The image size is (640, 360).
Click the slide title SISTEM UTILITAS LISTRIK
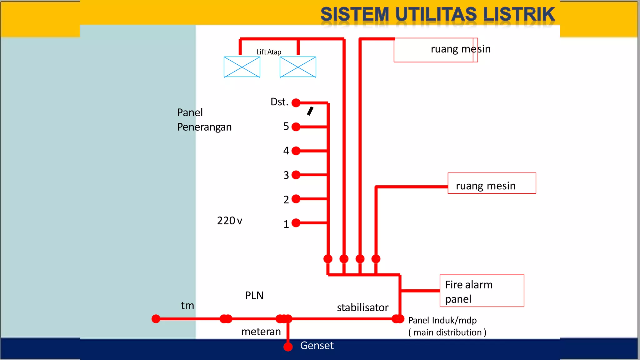437,14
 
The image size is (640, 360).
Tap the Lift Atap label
269,52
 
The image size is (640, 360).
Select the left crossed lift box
242,67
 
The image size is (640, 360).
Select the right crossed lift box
298,67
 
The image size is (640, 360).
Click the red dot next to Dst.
296,102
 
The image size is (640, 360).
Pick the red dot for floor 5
296,127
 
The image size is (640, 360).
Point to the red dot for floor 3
296,175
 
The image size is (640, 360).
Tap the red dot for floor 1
296,223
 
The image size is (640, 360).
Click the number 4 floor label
286,151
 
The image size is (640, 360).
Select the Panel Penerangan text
204,120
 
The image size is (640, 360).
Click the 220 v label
230,221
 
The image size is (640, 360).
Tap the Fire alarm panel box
482,291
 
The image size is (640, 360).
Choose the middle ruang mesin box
492,183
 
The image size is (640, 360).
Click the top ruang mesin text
460,49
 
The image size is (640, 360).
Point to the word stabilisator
362,307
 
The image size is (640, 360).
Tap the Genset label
317,346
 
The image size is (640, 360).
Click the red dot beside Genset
288,347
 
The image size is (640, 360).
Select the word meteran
261,332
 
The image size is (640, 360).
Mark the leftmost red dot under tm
156,319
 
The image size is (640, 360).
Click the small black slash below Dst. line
310,111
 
